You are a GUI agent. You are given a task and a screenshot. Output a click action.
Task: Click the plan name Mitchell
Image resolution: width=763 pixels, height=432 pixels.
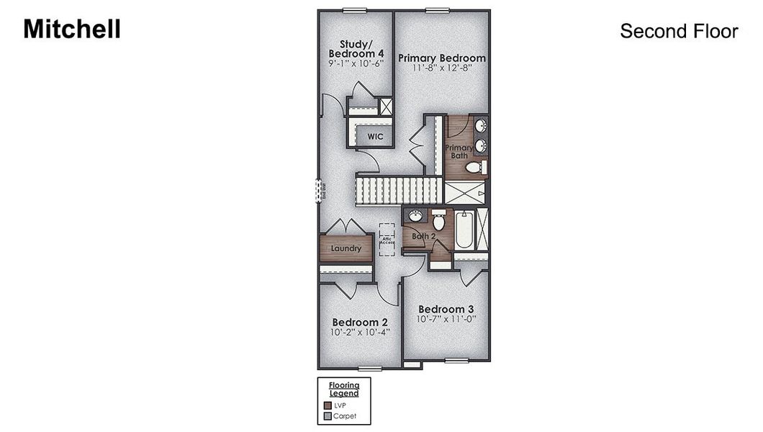coord(72,29)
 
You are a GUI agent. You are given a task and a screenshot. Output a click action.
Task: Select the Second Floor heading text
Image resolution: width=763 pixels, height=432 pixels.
coord(679,32)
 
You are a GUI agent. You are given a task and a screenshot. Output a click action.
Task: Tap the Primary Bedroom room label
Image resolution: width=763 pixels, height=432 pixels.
coord(442,58)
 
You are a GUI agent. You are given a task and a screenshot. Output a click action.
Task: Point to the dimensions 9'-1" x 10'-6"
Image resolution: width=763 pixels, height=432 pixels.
coord(356,63)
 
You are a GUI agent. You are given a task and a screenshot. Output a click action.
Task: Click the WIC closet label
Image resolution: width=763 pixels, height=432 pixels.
coord(375,136)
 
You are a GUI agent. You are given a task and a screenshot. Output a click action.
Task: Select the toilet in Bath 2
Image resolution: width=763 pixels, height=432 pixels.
coord(438,220)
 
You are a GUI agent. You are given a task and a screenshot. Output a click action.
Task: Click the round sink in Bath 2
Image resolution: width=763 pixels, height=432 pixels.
coord(415,216)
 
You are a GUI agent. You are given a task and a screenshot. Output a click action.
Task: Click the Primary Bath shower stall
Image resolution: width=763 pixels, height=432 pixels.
coord(465,192)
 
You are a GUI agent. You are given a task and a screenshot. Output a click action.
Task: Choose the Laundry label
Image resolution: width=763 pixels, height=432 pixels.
coord(346,249)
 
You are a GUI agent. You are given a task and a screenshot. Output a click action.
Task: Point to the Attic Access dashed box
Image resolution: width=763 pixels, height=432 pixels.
coord(387,237)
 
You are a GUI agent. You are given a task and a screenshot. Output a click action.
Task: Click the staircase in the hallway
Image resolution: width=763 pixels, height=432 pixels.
coord(398,192)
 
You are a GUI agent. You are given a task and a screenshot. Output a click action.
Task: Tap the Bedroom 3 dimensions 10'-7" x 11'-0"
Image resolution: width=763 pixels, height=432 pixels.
coord(446,319)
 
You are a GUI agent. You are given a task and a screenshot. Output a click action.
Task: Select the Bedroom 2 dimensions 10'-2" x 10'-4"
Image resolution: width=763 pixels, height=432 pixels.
coord(360,333)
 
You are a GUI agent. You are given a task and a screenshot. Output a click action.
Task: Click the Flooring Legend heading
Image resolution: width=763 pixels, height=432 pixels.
coord(344,390)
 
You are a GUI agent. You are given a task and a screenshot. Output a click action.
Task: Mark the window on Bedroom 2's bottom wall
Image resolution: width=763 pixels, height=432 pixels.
coord(369,369)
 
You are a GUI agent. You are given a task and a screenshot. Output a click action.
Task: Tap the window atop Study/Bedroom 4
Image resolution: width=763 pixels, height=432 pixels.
coord(353,9)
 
